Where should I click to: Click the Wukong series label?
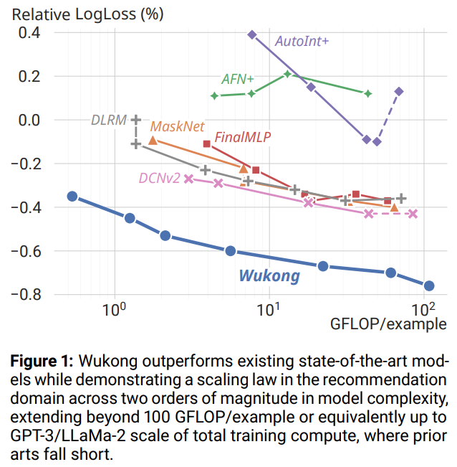[269, 275]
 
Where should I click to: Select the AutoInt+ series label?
[302, 41]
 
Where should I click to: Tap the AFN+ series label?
[237, 79]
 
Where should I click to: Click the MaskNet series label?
[174, 126]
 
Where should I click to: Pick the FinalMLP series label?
[242, 136]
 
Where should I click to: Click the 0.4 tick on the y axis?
[29, 32]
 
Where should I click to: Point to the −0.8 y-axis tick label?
[24, 295]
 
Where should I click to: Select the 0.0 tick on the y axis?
[29, 120]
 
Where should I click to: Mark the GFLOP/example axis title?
[388, 324]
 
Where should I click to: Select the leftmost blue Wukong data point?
[72, 196]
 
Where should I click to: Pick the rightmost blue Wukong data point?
[429, 286]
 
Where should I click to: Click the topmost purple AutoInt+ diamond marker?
[251, 34]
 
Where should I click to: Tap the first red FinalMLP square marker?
[207, 144]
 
